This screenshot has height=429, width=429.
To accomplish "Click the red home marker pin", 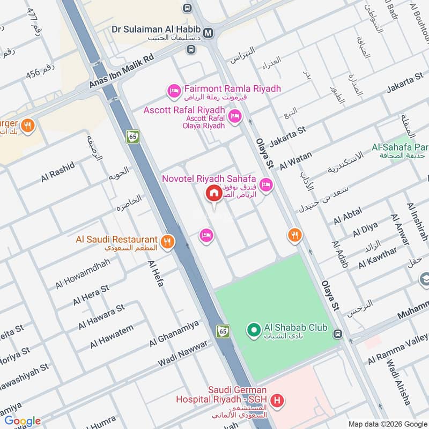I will click(x=213, y=194).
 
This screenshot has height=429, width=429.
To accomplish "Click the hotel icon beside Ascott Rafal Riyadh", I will click(x=234, y=116).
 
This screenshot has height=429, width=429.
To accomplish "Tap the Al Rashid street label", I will click(x=57, y=173).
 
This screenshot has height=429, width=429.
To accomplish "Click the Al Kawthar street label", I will click(x=378, y=258).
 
